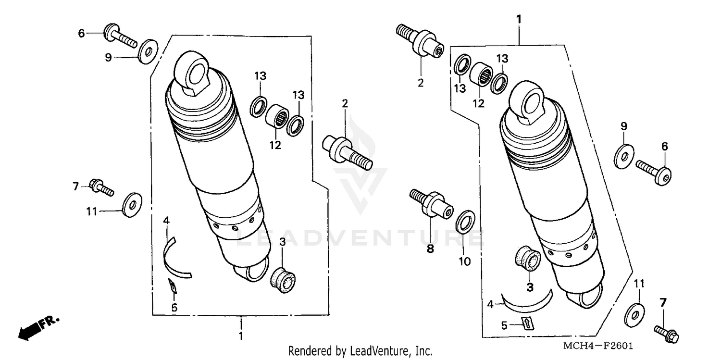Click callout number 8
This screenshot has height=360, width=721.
430,248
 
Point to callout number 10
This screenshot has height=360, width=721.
465,261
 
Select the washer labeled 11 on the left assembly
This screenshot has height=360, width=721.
131,205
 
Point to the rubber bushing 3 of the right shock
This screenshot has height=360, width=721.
528,259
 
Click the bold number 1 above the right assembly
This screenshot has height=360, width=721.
519,19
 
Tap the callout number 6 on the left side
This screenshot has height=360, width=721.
81,33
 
